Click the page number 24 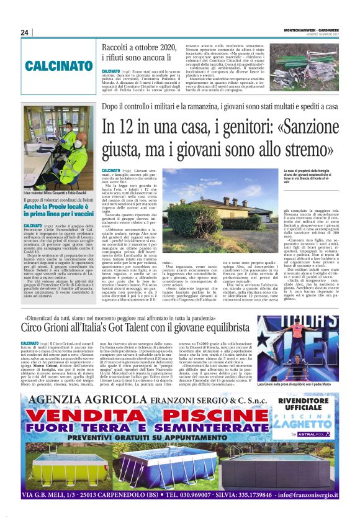(25, 33)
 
